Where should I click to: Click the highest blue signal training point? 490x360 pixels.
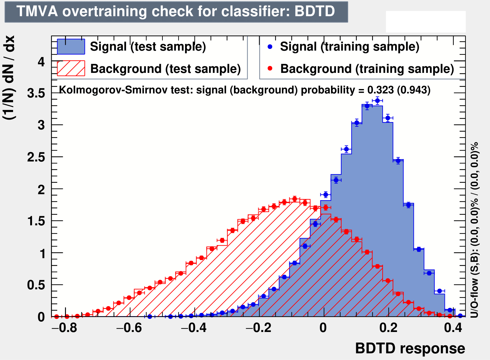pos(377,101)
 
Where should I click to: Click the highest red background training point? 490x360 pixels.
pos(295,199)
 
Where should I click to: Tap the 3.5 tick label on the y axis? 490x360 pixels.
pos(36,93)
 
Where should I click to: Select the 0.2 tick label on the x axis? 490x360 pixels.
pos(388,328)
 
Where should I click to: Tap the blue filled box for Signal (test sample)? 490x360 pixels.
pos(71,47)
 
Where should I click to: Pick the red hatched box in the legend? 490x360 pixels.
pos(71,68)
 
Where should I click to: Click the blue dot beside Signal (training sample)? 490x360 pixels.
pos(270,47)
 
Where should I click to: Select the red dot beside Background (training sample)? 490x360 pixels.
pos(270,69)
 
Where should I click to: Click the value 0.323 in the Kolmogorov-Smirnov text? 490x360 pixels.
pos(380,90)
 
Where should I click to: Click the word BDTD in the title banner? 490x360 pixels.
pos(315,11)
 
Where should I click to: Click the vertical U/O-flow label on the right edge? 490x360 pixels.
pos(474,230)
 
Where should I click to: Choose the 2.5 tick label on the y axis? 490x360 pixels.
pos(36,157)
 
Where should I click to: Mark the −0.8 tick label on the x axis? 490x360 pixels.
pos(64,328)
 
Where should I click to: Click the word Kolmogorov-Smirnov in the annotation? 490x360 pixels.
pos(114,90)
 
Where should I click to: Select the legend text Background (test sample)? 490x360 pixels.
pos(166,69)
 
